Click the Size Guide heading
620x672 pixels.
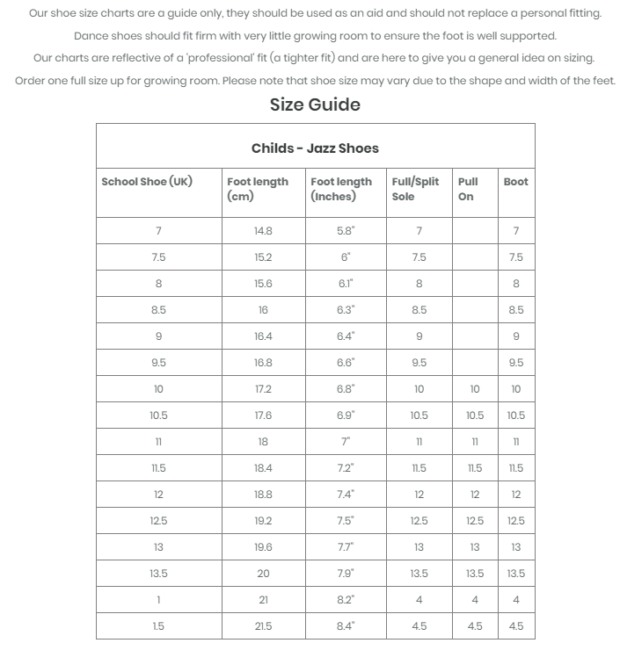pyautogui.click(x=315, y=105)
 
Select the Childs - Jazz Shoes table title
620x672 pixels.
pyautogui.click(x=315, y=148)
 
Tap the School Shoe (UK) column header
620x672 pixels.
pyautogui.click(x=147, y=182)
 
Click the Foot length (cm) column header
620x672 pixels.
pyautogui.click(x=258, y=189)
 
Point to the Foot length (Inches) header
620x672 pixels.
pyautogui.click(x=341, y=189)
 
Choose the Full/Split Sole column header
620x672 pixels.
pyautogui.click(x=415, y=189)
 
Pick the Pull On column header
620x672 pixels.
pyautogui.click(x=468, y=189)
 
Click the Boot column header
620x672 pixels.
pyautogui.click(x=516, y=182)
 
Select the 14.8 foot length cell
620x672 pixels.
pyautogui.click(x=263, y=231)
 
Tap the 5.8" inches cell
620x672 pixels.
pyautogui.click(x=346, y=231)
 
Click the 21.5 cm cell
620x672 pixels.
pyautogui.click(x=263, y=626)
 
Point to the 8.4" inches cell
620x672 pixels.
pyautogui.click(x=346, y=626)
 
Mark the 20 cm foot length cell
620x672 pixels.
pyautogui.click(x=263, y=574)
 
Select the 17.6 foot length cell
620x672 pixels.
pyautogui.click(x=263, y=415)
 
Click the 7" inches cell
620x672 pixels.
pyautogui.click(x=346, y=442)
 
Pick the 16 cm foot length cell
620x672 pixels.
pyautogui.click(x=263, y=310)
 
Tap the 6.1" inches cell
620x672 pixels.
pyautogui.click(x=346, y=284)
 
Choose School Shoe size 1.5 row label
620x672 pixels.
pyautogui.click(x=158, y=626)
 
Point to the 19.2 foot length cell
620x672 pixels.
pyautogui.click(x=263, y=521)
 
